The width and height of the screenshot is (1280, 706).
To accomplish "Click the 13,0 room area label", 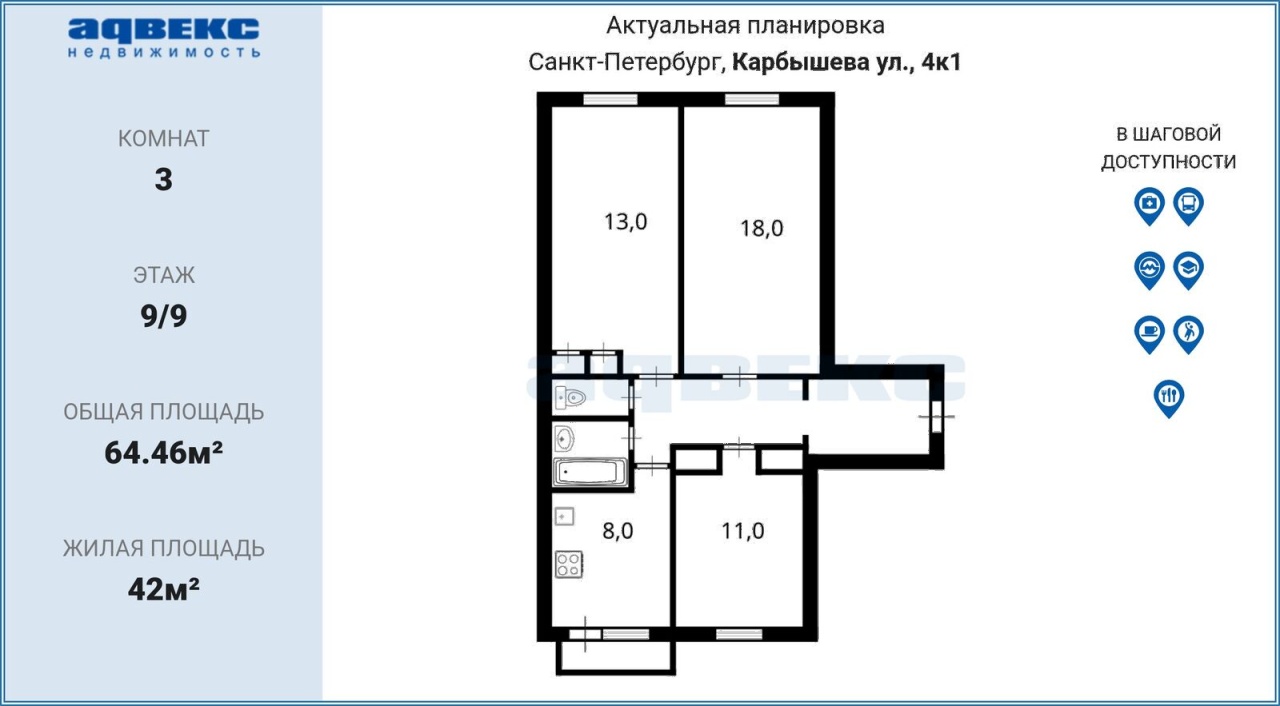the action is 625,222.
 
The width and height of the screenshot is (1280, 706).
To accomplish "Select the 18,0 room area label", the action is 761,228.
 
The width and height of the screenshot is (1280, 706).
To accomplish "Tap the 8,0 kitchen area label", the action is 618,531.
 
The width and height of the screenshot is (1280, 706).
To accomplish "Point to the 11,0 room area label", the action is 742,531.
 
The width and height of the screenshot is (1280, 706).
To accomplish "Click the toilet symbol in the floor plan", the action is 570,398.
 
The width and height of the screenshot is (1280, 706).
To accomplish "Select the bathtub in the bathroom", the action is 590,472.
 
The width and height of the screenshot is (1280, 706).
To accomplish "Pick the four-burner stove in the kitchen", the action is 569,564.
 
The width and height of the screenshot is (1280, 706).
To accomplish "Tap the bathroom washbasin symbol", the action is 565,439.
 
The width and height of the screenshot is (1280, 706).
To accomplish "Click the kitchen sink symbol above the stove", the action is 565,517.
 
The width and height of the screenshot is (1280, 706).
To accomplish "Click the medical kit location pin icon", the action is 1149,206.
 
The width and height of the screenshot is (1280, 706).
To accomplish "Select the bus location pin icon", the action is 1189,206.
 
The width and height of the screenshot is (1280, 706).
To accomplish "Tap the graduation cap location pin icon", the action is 1189,271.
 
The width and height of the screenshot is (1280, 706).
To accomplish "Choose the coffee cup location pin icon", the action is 1149,335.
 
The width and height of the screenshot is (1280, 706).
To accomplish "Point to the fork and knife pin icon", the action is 1169,399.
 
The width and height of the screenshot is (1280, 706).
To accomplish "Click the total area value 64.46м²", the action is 163,453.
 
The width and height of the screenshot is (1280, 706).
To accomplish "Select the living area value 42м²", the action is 163,589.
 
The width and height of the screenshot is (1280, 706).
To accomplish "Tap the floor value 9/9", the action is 163,316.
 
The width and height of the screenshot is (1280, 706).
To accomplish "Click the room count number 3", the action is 163,180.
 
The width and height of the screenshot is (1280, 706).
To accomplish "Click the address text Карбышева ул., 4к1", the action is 846,62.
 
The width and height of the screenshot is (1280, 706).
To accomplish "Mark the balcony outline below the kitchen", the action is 615,672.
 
